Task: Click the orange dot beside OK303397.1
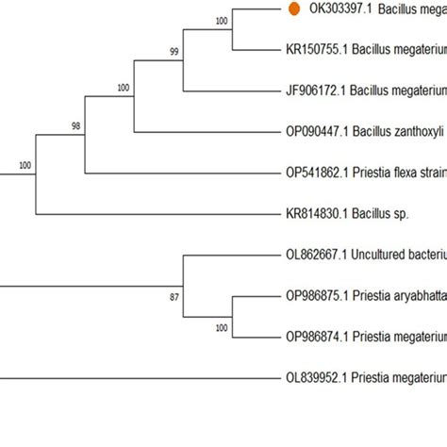pos(293,8)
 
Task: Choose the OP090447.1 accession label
pos(317,132)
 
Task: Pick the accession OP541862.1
pos(317,173)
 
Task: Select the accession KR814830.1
pos(316,214)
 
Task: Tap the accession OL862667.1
pos(316,255)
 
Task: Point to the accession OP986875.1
pos(317,295)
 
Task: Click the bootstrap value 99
pos(174,53)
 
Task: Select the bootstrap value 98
pos(76,124)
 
